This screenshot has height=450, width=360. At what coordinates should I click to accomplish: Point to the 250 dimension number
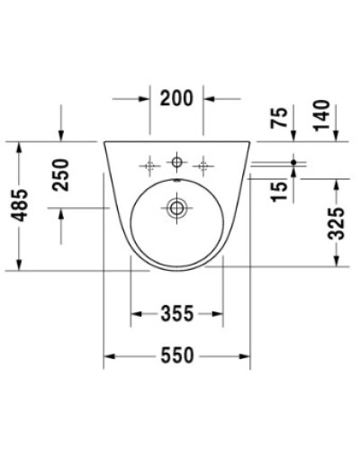click(61, 174)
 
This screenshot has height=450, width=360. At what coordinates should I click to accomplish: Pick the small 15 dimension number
click(282, 187)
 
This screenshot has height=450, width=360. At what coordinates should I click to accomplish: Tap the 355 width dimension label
click(178, 314)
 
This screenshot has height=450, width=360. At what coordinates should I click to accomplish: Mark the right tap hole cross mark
click(205, 164)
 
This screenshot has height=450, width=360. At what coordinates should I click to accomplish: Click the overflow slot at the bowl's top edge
click(177, 183)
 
